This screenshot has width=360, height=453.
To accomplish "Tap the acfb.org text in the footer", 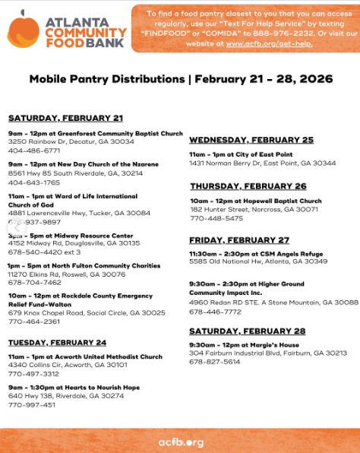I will [180, 442].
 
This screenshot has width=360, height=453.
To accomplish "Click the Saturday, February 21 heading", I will [65, 118].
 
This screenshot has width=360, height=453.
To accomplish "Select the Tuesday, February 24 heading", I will [57, 342].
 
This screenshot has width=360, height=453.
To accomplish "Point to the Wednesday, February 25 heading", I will [251, 140].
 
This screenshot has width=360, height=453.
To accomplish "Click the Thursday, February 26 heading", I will [248, 185].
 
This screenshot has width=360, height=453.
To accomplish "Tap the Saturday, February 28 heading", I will [247, 331].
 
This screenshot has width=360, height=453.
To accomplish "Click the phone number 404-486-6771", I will [34, 150].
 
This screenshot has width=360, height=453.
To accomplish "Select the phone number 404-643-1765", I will [34, 182].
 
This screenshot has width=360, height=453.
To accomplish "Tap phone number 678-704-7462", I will [34, 281].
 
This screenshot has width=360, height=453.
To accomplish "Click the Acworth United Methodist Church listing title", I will [85, 356].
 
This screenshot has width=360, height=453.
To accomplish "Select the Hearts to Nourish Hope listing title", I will [74, 387].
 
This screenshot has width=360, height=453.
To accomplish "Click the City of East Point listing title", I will [251, 154].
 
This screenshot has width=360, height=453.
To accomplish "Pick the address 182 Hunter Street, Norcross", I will [254, 209].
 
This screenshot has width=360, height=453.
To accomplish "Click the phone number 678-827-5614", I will [216, 362].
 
